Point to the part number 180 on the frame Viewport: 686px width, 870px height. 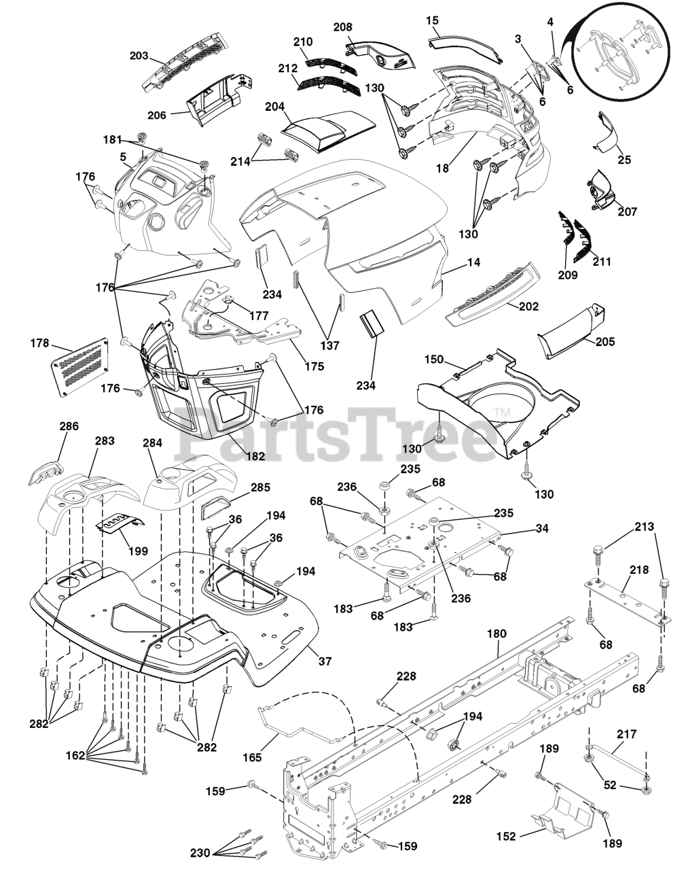coord(497,633)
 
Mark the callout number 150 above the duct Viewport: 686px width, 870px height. coord(434,358)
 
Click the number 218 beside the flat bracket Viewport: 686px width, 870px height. coord(638,570)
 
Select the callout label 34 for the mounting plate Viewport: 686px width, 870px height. coord(522,528)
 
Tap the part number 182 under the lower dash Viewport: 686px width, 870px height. coord(255,456)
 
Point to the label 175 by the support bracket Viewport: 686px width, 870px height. coord(314,366)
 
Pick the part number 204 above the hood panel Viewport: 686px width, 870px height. coord(274,107)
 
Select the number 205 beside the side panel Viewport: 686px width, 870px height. coord(604,342)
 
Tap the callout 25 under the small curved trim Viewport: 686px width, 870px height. coord(624,160)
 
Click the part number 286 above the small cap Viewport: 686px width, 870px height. coord(69,426)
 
